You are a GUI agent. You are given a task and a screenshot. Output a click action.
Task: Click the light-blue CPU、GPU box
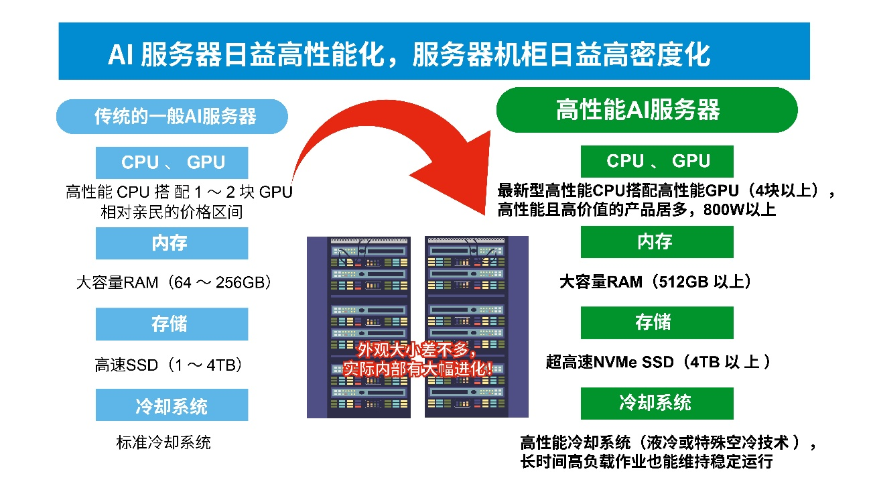tap(172, 163)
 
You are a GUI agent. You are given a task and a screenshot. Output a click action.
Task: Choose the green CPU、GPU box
tap(657, 161)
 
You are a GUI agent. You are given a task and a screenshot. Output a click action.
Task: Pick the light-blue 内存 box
tap(172, 243)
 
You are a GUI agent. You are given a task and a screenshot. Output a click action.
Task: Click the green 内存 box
tap(657, 241)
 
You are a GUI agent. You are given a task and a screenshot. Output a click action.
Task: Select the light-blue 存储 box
tap(172, 324)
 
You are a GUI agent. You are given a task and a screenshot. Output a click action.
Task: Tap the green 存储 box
tap(657, 322)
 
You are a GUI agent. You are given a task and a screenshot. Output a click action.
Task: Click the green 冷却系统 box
tap(657, 403)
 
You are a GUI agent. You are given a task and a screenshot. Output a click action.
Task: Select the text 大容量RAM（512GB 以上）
tap(656, 282)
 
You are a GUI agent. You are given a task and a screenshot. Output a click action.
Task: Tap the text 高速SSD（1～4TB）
tap(168, 365)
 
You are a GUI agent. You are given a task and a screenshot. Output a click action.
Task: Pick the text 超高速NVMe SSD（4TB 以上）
tap(659, 363)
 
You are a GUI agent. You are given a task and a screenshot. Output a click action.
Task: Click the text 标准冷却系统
tap(163, 442)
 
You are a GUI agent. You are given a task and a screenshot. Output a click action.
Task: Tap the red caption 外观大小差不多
tap(417, 350)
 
